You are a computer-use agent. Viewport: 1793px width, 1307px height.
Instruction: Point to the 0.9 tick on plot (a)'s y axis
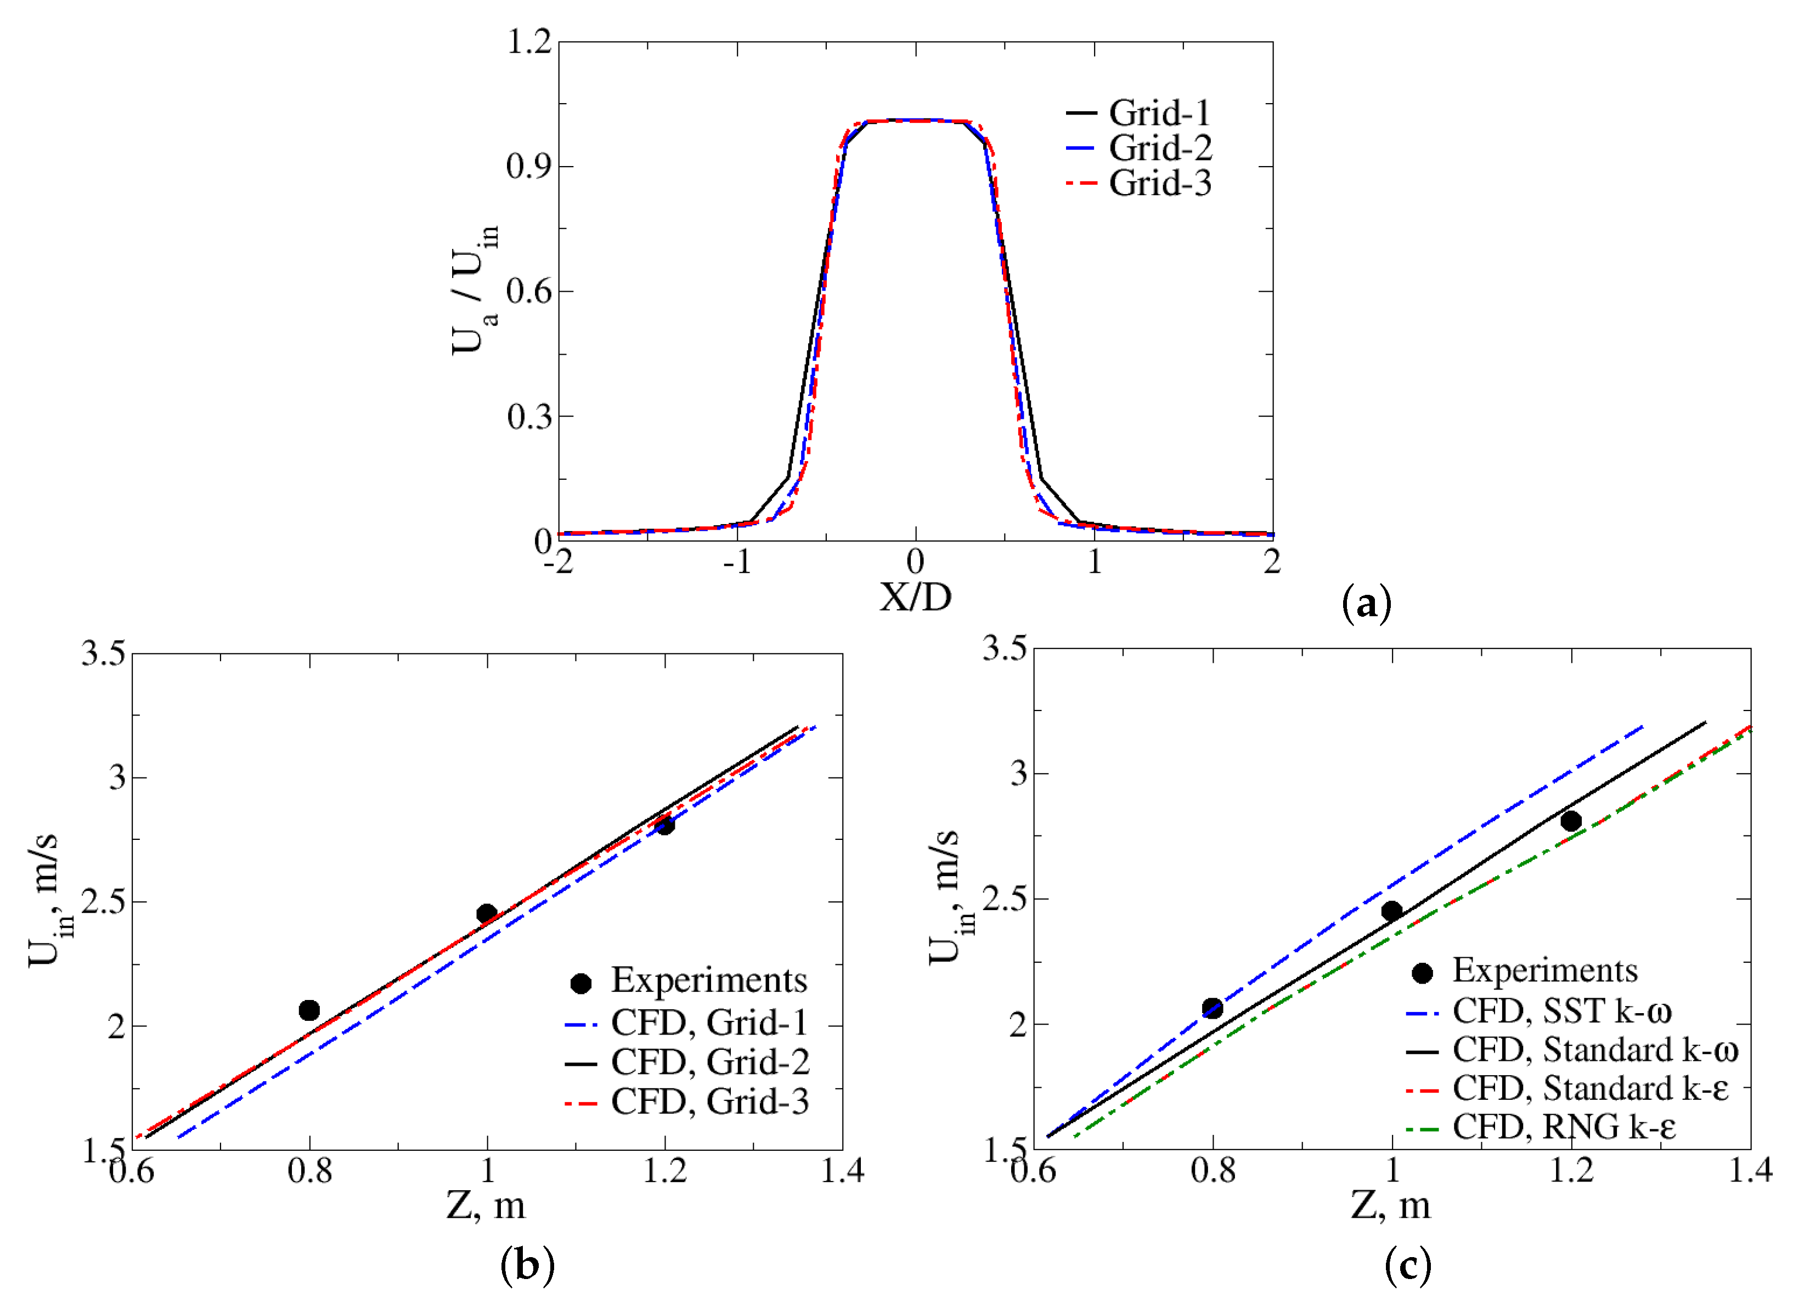tap(529, 166)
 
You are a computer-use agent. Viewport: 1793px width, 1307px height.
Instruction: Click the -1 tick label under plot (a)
tap(736, 562)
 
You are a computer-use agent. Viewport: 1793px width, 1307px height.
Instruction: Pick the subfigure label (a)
tap(1367, 605)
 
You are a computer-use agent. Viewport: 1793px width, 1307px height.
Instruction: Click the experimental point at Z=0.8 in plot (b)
tap(309, 1010)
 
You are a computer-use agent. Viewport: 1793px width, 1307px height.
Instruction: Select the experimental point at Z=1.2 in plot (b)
tap(665, 825)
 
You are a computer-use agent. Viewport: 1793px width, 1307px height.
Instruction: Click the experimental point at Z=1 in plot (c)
tap(1391, 911)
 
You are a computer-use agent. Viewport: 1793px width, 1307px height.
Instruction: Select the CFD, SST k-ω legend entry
tap(1561, 1011)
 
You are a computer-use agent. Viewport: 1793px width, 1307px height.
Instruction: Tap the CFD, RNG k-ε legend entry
tap(1564, 1127)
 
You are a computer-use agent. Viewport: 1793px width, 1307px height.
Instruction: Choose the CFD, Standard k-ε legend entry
tap(1589, 1089)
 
